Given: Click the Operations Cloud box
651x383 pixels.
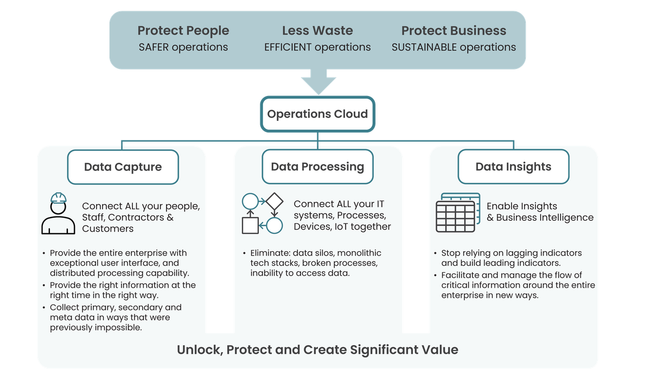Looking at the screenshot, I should pyautogui.click(x=317, y=114).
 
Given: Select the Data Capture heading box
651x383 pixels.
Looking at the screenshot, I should pyautogui.click(x=123, y=167).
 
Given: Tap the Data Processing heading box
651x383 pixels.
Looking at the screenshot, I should pyautogui.click(x=317, y=167).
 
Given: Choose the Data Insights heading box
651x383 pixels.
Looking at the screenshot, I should pyautogui.click(x=513, y=167).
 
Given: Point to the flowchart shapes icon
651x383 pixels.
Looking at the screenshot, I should pyautogui.click(x=262, y=213).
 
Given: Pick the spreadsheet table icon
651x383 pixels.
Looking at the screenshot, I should pyautogui.click(x=457, y=213).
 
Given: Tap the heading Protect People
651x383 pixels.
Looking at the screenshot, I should pyautogui.click(x=183, y=31).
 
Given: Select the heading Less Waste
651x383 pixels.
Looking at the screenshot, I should pyautogui.click(x=317, y=31).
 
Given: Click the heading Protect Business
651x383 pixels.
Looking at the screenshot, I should pyautogui.click(x=454, y=31).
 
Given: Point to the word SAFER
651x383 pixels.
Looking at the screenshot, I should pyautogui.click(x=154, y=47).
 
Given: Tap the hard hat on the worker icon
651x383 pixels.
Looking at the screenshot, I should pyautogui.click(x=58, y=197).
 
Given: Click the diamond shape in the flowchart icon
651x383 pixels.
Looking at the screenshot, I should pyautogui.click(x=275, y=201).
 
